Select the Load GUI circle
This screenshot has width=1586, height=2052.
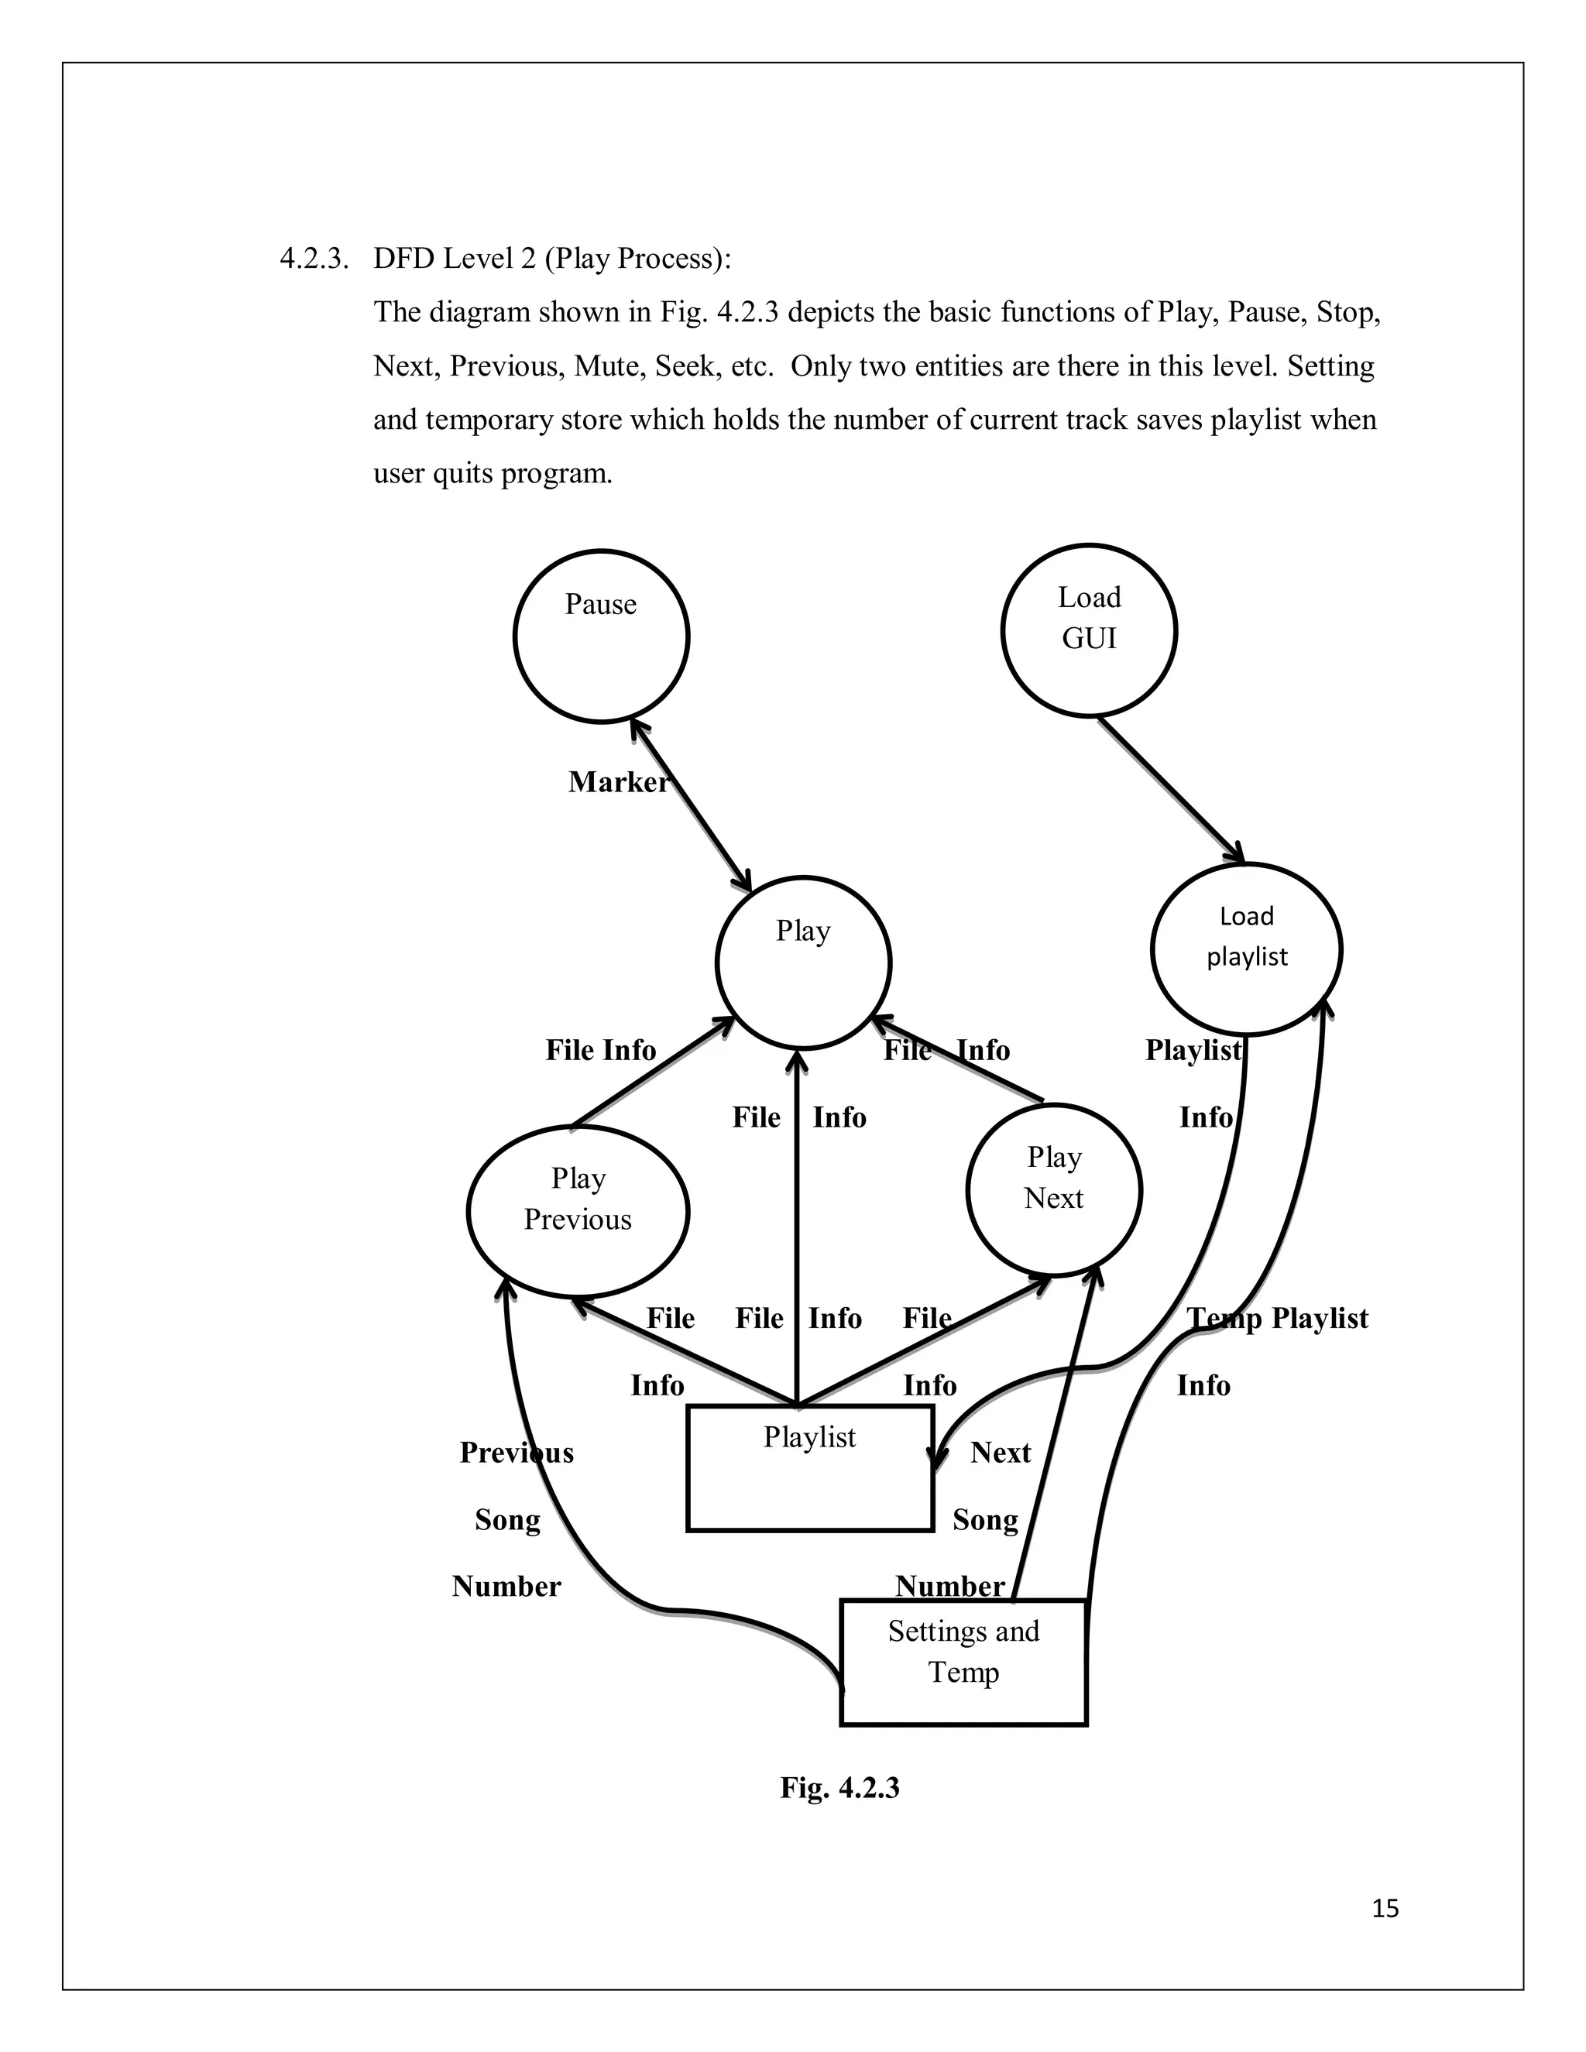point(1089,630)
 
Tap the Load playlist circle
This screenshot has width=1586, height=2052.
point(1246,949)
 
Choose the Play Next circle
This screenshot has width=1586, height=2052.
point(1053,1189)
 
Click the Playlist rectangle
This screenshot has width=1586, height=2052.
point(810,1467)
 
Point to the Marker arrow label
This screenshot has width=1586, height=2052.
point(618,782)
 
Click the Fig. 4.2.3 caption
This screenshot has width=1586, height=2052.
point(839,1787)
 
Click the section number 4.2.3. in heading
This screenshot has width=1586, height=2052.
point(314,259)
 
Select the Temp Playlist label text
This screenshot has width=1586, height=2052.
point(1278,1318)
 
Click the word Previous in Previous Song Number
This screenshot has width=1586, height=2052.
point(516,1453)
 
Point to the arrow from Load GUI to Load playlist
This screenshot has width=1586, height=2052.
point(1170,789)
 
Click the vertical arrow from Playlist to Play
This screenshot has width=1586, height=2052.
point(797,1221)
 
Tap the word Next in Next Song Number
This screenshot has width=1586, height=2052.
point(1001,1453)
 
